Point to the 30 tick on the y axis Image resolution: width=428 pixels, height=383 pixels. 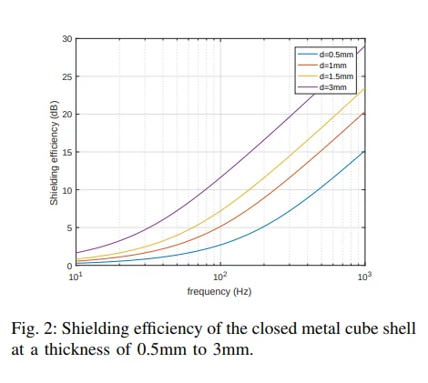[x=67, y=39]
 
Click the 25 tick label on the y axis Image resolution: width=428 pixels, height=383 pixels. [x=67, y=76]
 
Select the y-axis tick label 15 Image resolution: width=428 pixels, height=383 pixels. [x=67, y=152]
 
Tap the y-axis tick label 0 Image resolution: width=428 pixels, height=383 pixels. [x=69, y=266]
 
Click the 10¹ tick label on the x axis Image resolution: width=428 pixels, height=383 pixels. [x=76, y=277]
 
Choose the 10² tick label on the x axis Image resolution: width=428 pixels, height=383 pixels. [x=220, y=277]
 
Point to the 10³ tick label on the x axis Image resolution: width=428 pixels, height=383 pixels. [x=365, y=277]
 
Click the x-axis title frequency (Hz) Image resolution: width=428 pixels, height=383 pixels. [x=219, y=292]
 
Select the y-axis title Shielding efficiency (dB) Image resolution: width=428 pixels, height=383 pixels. [x=54, y=153]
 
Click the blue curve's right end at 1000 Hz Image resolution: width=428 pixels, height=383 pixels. [x=364, y=151]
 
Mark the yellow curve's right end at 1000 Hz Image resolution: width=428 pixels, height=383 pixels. [x=364, y=88]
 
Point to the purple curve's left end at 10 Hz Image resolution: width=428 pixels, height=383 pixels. [x=76, y=253]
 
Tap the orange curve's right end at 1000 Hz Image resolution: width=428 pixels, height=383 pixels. [x=364, y=113]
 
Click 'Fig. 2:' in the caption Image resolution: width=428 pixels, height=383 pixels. [x=35, y=328]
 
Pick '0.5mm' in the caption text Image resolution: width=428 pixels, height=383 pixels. [x=162, y=350]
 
